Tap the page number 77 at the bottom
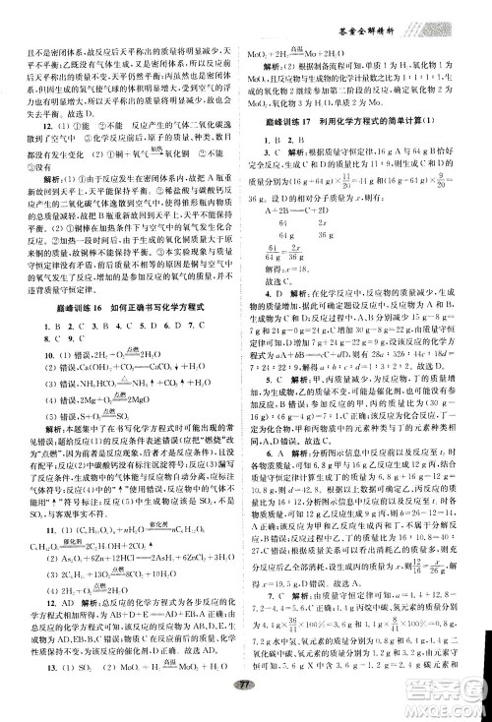tap(245, 711)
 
